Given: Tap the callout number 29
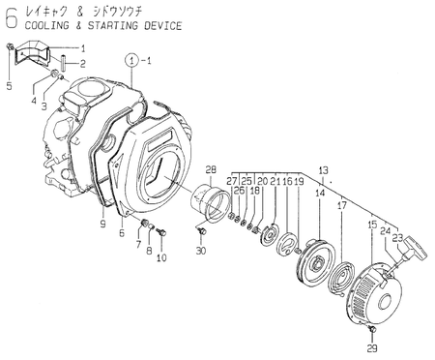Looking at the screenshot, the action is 372,348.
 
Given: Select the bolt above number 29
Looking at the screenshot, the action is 373,330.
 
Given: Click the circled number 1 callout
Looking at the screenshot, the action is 131,60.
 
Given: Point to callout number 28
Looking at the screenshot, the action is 211,169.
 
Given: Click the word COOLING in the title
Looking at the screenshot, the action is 47,25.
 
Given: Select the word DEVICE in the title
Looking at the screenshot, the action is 163,25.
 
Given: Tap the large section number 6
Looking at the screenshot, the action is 11,18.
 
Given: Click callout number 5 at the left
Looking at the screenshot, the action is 9,86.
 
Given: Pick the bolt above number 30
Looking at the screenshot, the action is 202,231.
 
